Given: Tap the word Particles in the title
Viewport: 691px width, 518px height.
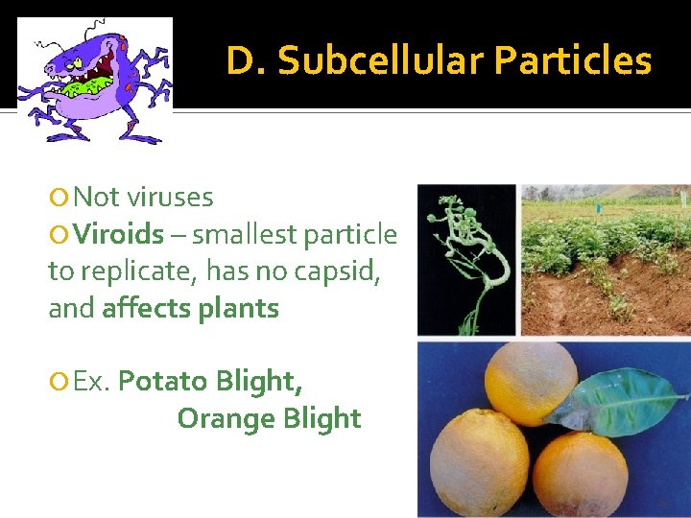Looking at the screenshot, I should [x=573, y=61].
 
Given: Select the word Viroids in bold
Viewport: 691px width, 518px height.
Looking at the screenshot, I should [x=119, y=234].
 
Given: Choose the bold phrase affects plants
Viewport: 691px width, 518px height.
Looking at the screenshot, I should [x=190, y=309].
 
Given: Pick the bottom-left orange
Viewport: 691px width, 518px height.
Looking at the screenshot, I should [x=479, y=460].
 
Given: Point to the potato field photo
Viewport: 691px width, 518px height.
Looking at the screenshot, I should [x=605, y=259].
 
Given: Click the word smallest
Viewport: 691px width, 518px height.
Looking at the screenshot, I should [x=245, y=234].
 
